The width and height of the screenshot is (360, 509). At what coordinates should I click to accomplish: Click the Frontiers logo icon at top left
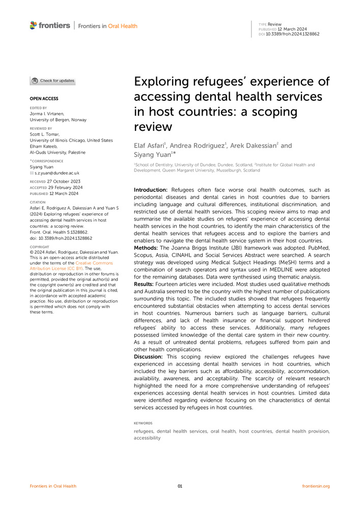(34, 25)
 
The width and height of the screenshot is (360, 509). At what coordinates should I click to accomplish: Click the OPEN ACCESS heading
(44, 98)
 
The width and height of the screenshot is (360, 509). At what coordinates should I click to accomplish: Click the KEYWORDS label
(143, 423)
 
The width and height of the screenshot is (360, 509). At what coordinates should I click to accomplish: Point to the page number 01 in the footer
(180, 486)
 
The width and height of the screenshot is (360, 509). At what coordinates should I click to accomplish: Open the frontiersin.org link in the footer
(316, 486)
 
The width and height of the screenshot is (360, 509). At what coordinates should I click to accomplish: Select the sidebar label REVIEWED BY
(40, 129)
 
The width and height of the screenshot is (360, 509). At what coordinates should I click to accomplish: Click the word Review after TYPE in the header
(274, 24)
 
